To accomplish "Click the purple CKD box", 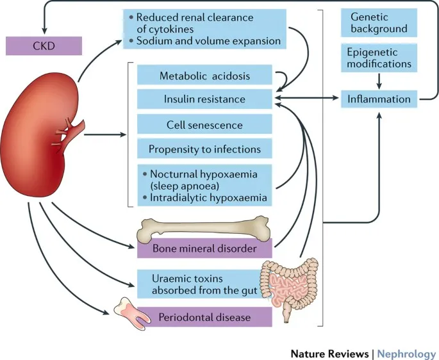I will pos(44,45).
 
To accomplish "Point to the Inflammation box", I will pos(379,99).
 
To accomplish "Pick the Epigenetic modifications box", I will pos(379,58).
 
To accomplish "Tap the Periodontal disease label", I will pos(205,316).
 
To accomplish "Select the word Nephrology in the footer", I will pos(406,353).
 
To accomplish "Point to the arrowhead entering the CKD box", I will pos(44,29).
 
